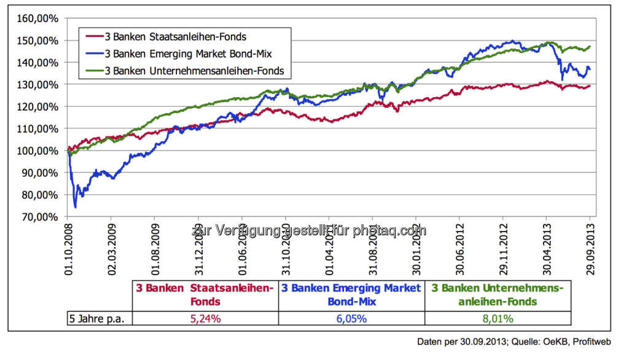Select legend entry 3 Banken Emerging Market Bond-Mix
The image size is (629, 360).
click(x=184, y=54)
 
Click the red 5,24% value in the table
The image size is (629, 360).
click(x=205, y=318)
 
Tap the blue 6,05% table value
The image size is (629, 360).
click(x=352, y=318)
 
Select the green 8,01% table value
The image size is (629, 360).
click(x=498, y=318)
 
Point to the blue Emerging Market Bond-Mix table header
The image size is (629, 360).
click(x=351, y=295)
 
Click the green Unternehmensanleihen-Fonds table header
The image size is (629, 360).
click(x=498, y=295)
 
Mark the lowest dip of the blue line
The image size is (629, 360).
click(x=76, y=207)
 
